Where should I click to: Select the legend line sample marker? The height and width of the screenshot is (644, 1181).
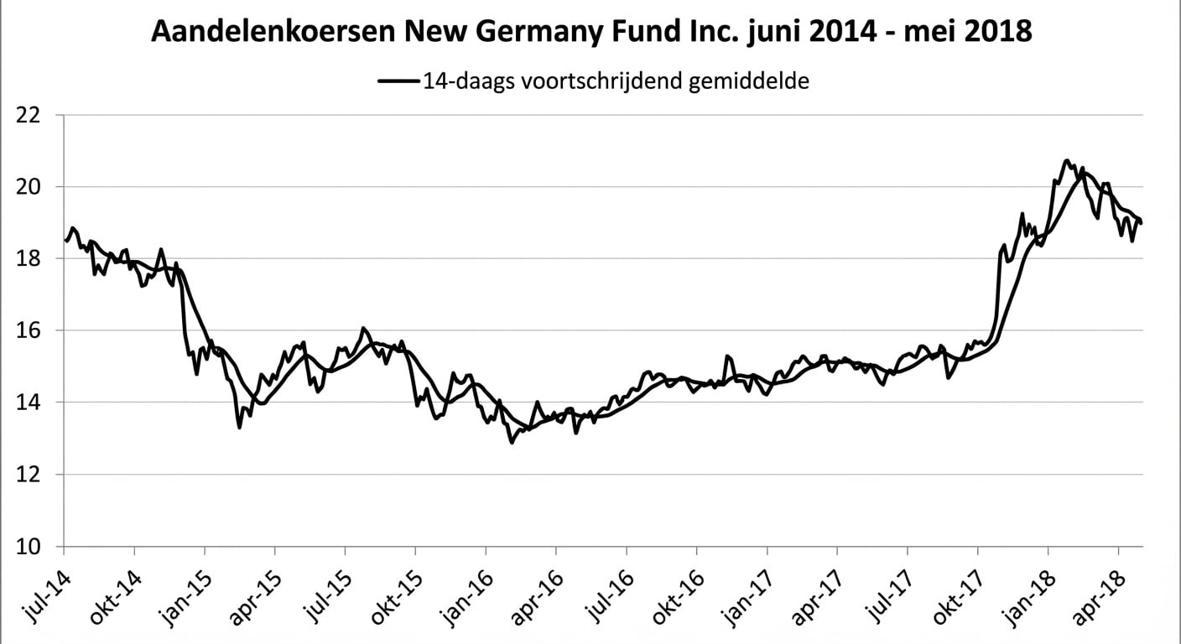pyautogui.click(x=398, y=81)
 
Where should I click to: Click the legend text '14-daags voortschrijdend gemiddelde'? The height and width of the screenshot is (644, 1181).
pyautogui.click(x=616, y=81)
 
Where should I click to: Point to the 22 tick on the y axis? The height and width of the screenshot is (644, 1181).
pyautogui.click(x=33, y=115)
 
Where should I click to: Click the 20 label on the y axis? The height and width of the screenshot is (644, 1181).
pyautogui.click(x=33, y=187)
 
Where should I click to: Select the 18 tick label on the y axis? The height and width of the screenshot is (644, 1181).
pyautogui.click(x=33, y=259)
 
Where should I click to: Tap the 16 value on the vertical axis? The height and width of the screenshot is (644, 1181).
pyautogui.click(x=33, y=331)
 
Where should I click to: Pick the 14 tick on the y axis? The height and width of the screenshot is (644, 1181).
pyautogui.click(x=33, y=403)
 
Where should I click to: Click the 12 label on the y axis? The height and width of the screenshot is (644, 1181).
pyautogui.click(x=33, y=475)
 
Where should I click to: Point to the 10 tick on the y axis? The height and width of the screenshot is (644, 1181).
pyautogui.click(x=33, y=548)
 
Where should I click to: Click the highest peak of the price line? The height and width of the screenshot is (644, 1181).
pyautogui.click(x=1066, y=160)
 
